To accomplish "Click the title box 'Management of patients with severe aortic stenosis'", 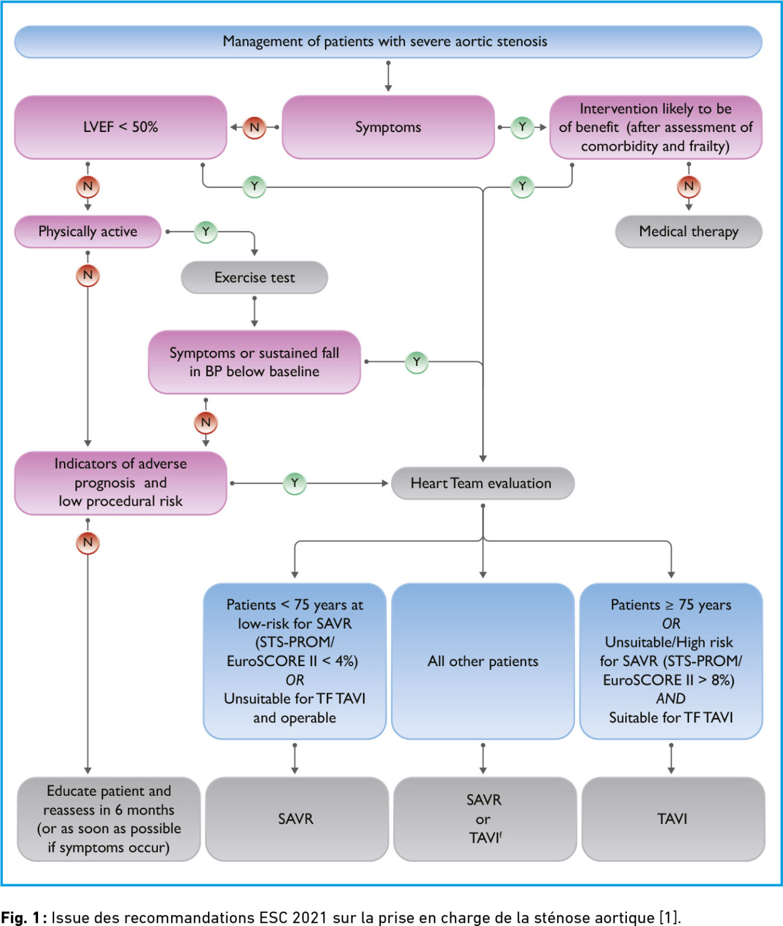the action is coord(388,42).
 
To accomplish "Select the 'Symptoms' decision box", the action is coord(388,127).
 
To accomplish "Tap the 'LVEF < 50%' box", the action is coord(121,127).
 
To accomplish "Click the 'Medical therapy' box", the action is coord(688,231).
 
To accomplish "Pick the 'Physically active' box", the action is coord(88,231).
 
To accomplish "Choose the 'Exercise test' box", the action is coord(254,277).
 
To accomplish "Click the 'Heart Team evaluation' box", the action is coord(482,483).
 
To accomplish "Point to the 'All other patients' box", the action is coord(482,661).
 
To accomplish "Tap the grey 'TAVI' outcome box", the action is coord(673,819).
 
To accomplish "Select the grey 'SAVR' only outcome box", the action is coord(297,819).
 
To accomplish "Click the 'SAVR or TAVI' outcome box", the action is coord(485,819).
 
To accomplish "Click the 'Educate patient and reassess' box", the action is coord(108,819).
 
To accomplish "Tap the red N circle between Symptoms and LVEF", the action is coord(254,127).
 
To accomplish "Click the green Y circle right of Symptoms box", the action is coord(522,127).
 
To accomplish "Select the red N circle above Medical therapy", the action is coord(689,186).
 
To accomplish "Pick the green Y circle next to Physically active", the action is coord(206,231).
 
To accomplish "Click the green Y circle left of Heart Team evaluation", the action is coord(295,483).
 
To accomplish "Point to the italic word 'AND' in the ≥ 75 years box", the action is coord(670,699).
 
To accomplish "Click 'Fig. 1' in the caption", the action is coord(20,918).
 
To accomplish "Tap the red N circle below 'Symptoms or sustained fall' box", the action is coord(206,422).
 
